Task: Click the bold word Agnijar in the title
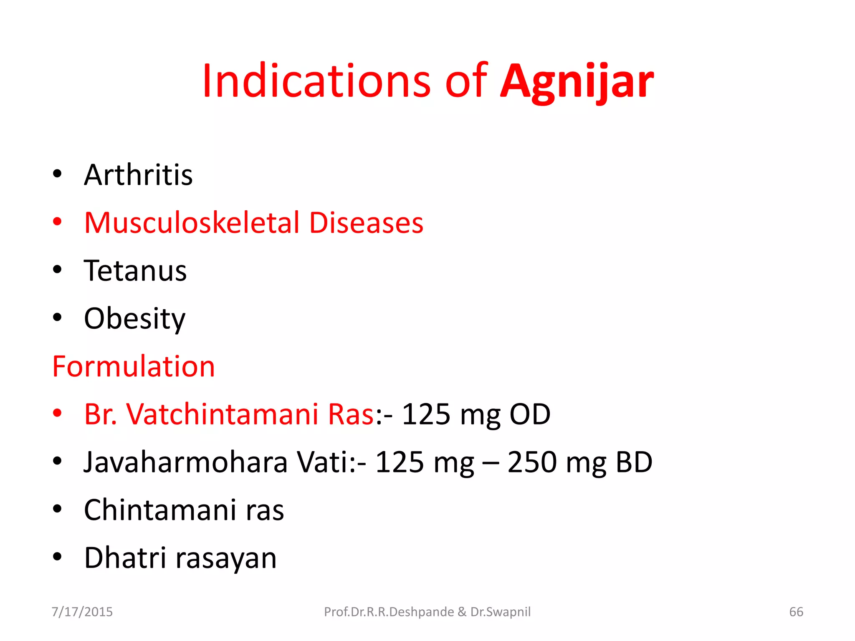point(577,82)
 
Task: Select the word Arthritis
point(138,175)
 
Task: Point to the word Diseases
point(366,222)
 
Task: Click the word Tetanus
point(135,271)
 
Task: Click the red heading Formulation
point(134,366)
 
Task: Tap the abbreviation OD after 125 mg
point(530,414)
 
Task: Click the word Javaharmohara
point(186,462)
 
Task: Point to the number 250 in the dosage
point(532,462)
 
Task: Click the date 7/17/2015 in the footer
point(82,612)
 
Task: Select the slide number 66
point(796,612)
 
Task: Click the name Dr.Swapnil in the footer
point(500,612)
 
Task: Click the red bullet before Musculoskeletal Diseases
point(57,222)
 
